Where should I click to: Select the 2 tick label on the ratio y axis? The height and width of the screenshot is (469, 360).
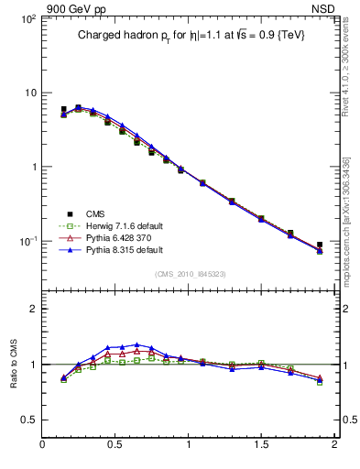[x=32, y=309]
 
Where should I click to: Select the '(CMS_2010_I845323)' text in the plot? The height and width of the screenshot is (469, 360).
[x=191, y=274]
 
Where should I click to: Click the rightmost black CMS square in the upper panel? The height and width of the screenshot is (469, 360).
[x=320, y=245]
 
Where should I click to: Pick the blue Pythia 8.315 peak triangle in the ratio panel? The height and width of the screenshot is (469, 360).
[x=136, y=344]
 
